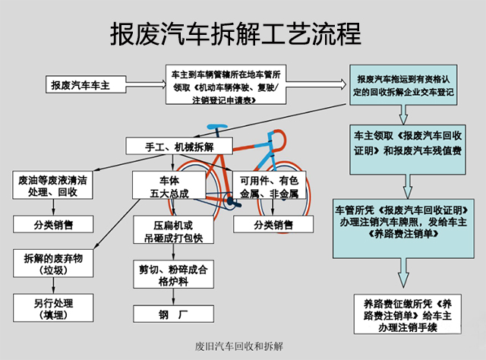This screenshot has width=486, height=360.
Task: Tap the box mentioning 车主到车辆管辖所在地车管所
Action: click(226, 85)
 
